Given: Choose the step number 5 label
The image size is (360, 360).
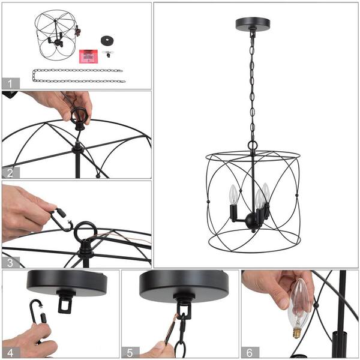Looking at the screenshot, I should click(x=130, y=352).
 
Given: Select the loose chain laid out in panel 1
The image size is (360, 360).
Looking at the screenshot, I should click(x=78, y=75).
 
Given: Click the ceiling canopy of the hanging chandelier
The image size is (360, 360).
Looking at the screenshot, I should click(x=253, y=24).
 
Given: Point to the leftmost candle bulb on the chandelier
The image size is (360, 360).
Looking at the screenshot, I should click(x=234, y=196).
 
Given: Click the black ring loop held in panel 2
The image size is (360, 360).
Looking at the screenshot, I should click(x=79, y=116).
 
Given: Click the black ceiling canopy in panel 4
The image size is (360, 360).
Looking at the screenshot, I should click(x=66, y=282).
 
